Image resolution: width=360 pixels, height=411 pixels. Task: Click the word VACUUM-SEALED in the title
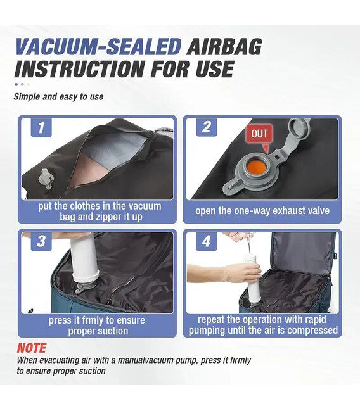(x=98, y=47)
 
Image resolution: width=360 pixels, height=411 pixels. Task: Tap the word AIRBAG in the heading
(x=224, y=47)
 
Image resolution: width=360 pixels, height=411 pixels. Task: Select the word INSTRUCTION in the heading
(x=79, y=68)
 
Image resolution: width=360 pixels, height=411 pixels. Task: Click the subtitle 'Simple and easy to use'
(x=58, y=97)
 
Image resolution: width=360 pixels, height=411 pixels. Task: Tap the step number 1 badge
(x=41, y=128)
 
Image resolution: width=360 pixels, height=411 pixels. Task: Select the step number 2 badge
(x=207, y=127)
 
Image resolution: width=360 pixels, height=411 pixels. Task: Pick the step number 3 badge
(x=41, y=241)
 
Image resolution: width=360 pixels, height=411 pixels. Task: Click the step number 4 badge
(x=207, y=241)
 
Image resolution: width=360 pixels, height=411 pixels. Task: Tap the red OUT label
(x=259, y=134)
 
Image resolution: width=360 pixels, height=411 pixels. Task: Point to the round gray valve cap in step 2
(x=299, y=127)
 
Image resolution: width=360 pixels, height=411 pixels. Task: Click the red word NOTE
(x=32, y=348)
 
